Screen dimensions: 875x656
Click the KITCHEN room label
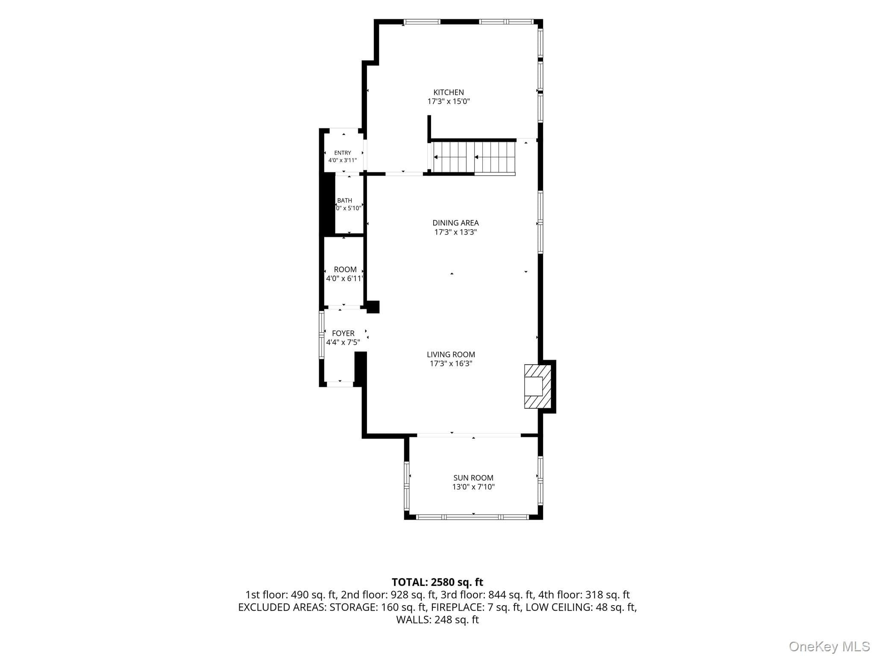(449, 92)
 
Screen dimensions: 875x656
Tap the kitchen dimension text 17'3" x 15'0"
(449, 102)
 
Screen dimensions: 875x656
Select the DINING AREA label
(455, 223)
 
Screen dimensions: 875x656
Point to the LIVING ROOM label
(451, 354)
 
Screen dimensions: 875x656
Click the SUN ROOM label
(473, 478)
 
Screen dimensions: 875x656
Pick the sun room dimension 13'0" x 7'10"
(473, 487)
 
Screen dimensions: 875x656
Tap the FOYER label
(343, 334)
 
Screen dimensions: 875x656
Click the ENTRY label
(343, 153)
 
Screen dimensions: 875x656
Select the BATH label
(345, 200)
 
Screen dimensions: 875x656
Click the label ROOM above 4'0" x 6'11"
(345, 269)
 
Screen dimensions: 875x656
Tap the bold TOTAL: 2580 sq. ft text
(437, 582)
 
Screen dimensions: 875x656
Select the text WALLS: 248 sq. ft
(437, 620)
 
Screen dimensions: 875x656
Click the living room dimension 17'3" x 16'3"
(451, 364)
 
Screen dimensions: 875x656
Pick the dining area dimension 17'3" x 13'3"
(455, 232)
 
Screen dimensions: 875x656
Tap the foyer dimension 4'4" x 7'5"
(343, 342)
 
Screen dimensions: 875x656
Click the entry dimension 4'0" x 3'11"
(343, 161)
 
